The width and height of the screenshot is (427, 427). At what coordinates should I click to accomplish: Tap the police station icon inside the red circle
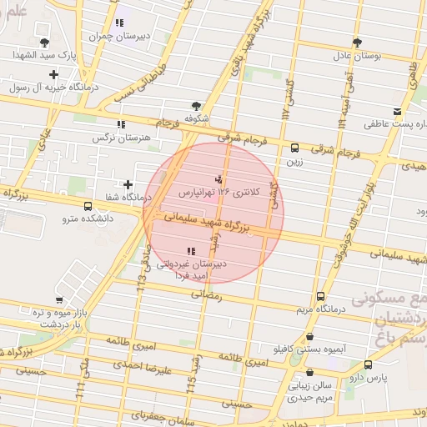coord(219,178)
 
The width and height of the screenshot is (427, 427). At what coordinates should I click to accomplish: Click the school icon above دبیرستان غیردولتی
coord(191,250)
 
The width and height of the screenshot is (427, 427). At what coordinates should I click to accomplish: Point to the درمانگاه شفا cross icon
coord(128,184)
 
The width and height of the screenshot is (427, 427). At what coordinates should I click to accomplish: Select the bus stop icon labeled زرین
coord(294,148)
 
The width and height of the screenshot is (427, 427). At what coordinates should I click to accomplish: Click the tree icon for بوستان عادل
coord(357,42)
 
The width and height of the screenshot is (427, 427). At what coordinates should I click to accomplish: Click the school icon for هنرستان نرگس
coord(122,124)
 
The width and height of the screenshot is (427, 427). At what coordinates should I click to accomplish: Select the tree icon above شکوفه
coord(196,106)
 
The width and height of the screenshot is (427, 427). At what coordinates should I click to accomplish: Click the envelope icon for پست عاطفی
coord(397,112)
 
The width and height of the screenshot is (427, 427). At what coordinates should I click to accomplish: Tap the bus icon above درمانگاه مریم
coord(321,296)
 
